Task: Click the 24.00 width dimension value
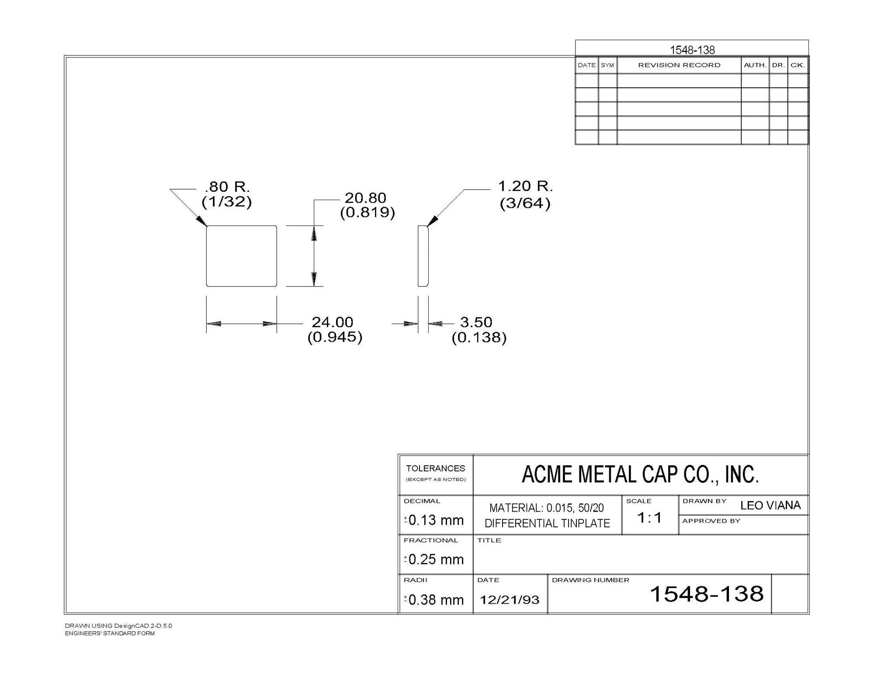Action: [332, 322]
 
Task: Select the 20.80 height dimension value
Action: [365, 198]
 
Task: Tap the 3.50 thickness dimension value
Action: [476, 322]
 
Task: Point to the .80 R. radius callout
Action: [227, 187]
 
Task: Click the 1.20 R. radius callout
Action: [525, 187]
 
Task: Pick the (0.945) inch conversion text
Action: [335, 337]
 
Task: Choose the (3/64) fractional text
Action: [525, 203]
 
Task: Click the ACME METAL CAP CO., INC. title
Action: [640, 474]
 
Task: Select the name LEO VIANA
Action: [770, 505]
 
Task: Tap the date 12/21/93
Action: [510, 599]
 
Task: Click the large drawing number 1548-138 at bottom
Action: [707, 594]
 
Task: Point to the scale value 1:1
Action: [649, 518]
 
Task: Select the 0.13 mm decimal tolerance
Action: [436, 520]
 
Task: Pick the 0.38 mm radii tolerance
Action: [436, 600]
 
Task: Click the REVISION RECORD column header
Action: [679, 65]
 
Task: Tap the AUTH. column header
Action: [755, 65]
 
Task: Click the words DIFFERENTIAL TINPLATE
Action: [547, 523]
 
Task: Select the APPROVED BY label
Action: [711, 521]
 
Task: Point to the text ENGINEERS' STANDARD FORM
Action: [110, 633]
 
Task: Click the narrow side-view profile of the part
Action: [423, 256]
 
